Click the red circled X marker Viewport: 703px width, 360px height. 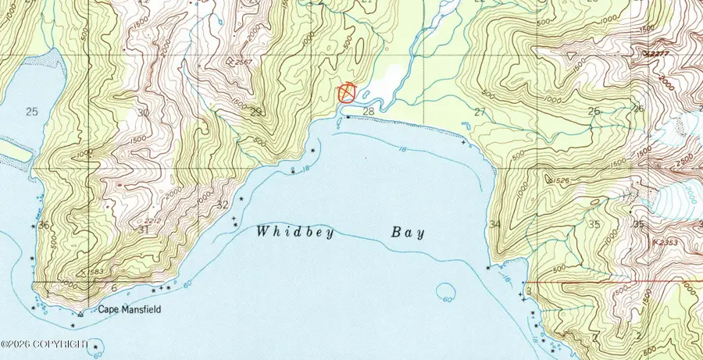pos(347,94)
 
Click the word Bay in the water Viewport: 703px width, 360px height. pos(408,232)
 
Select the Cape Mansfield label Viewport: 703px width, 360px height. pos(129,310)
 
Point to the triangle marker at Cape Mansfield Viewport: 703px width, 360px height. pos(80,314)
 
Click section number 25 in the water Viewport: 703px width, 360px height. pos(31,112)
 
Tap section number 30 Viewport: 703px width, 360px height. pos(142,112)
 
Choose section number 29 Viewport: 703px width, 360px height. pos(255,112)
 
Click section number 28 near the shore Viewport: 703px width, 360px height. pos(369,112)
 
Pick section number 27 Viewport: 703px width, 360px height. pos(480,112)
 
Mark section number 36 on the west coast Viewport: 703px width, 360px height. pos(43,226)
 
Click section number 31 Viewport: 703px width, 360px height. pos(142,230)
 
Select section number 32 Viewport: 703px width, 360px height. pos(223,205)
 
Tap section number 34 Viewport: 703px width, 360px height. pos(494,225)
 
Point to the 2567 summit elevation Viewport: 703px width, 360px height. pos(241,62)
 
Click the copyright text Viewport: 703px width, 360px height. pos(45,344)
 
